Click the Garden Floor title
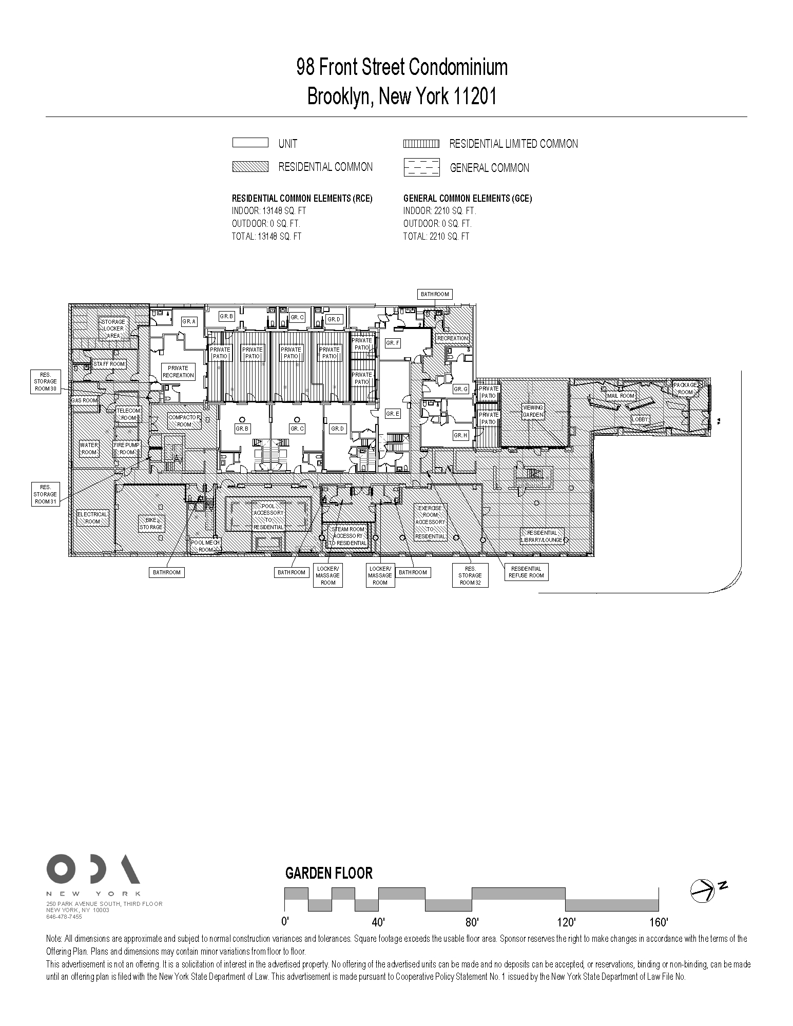(328, 873)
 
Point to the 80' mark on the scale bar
(472, 922)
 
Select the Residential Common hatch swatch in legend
(250, 166)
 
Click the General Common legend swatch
(421, 167)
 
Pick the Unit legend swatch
(250, 143)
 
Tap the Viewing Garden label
(533, 411)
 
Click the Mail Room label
(621, 396)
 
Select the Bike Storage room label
(151, 524)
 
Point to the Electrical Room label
(92, 517)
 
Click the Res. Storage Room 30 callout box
(45, 382)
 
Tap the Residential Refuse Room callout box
(526, 572)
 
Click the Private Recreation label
(178, 372)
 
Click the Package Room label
(685, 389)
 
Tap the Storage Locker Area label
(113, 328)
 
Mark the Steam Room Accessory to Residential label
(349, 536)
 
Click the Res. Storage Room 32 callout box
(470, 575)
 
